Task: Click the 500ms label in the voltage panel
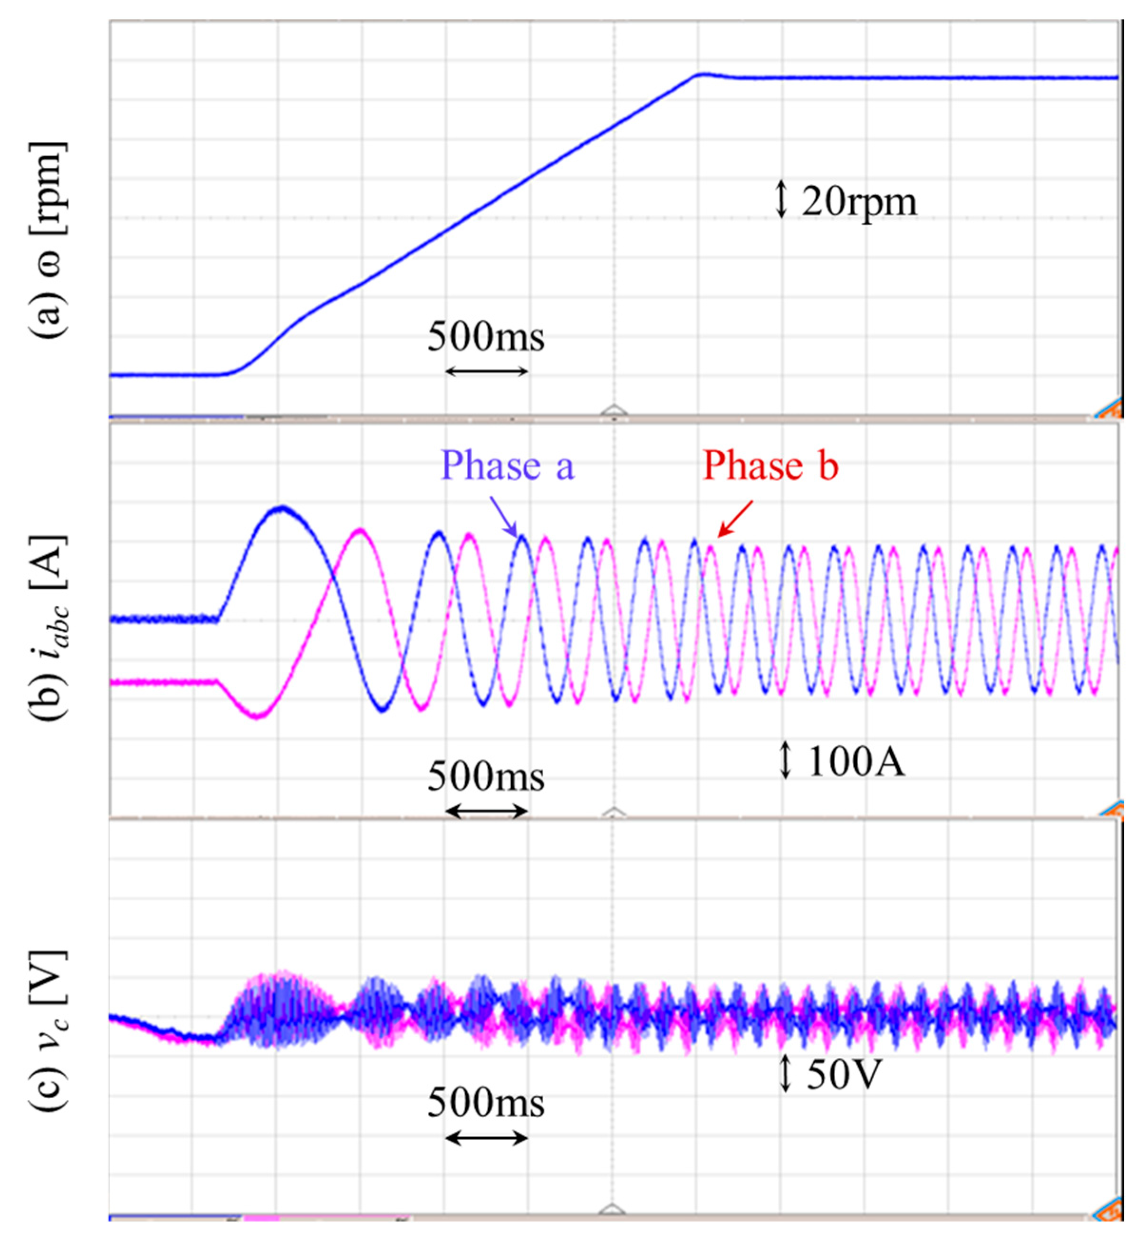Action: click(486, 1103)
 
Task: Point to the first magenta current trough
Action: click(257, 716)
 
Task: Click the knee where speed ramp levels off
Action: click(700, 74)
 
